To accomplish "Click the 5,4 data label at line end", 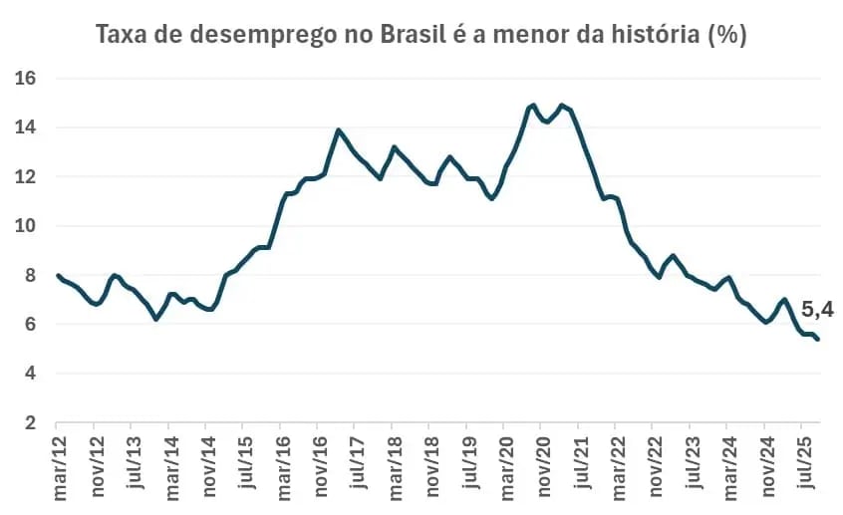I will click(x=817, y=311).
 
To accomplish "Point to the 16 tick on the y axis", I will click(x=26, y=78).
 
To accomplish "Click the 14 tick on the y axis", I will click(x=26, y=128).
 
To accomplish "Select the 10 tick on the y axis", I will click(x=26, y=226).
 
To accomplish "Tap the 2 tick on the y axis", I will click(x=31, y=423).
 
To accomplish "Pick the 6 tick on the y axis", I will click(x=31, y=325).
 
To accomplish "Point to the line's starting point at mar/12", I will click(x=59, y=275).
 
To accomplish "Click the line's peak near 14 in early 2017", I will click(x=339, y=129).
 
